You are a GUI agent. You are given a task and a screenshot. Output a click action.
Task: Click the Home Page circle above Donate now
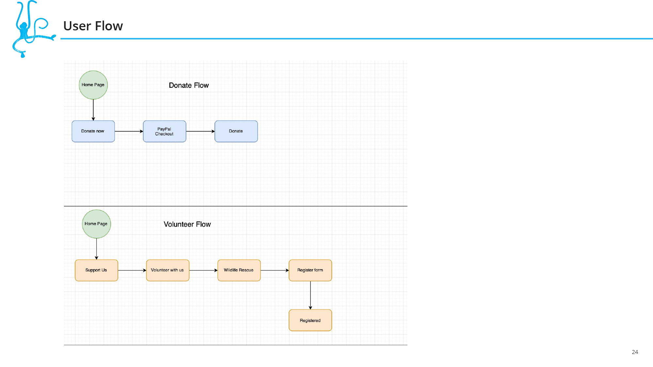click(93, 85)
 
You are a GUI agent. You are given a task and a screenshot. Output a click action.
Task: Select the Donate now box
click(93, 131)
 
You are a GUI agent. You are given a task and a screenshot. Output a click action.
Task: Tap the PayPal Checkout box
click(165, 131)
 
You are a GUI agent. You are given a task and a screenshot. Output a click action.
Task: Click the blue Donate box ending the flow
click(236, 131)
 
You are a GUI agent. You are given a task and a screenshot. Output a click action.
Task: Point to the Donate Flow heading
click(189, 85)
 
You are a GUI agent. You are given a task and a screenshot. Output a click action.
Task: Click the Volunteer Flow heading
click(187, 224)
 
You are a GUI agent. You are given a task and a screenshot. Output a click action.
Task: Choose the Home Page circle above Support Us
click(96, 224)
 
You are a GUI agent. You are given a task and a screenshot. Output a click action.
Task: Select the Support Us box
click(96, 270)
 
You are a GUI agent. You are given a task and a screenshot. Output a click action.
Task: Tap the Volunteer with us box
click(168, 270)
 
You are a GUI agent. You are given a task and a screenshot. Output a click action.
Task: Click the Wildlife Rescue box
click(239, 270)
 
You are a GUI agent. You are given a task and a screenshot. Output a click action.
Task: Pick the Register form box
click(311, 270)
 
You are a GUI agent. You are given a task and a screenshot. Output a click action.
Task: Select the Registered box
click(311, 320)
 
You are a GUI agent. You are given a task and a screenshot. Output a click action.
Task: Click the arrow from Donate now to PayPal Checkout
click(129, 131)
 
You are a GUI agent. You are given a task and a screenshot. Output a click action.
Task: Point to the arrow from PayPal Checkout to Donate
click(200, 131)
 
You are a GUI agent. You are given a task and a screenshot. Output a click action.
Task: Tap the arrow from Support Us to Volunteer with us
click(132, 270)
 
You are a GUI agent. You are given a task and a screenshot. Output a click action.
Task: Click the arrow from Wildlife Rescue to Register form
click(275, 270)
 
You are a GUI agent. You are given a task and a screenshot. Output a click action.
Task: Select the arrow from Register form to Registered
click(311, 295)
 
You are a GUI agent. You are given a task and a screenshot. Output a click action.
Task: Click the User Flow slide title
click(93, 26)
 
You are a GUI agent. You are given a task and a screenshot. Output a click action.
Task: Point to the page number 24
click(635, 352)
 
